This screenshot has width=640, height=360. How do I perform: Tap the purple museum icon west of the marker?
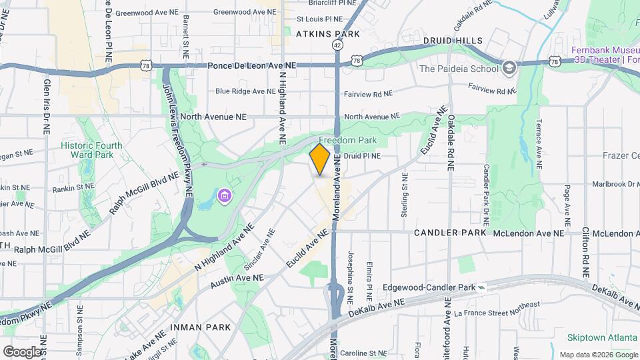tap(225, 195)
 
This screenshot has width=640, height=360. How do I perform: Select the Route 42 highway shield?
tap(338, 45)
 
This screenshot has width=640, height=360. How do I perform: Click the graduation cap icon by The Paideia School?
tap(510, 67)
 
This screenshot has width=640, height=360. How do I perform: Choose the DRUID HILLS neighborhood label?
tap(453, 41)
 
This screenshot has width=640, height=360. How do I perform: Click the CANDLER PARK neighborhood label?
tap(451, 233)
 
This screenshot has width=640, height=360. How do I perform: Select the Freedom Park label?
tap(347, 140)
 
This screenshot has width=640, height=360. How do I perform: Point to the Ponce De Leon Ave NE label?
tap(251, 65)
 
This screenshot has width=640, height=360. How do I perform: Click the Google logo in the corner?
tap(22, 351)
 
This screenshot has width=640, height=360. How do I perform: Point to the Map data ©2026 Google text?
tap(598, 354)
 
